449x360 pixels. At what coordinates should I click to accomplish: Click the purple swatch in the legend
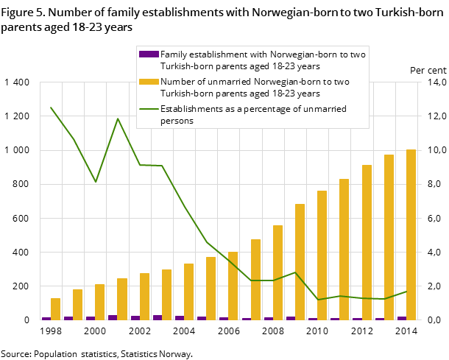tap(149, 54)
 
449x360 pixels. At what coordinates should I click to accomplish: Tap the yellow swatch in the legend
tap(149, 81)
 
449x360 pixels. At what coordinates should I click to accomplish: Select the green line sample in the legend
tap(149, 108)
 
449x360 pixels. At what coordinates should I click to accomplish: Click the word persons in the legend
tap(177, 121)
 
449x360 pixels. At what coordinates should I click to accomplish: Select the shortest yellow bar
tap(55, 309)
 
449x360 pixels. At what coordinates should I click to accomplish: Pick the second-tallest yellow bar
tap(389, 237)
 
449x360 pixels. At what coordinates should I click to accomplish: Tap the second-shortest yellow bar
tap(77, 305)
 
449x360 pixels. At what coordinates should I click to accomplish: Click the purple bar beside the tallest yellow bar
tap(401, 318)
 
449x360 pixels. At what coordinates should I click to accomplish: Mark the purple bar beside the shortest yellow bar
tap(46, 318)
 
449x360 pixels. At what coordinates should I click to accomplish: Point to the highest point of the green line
tap(51, 107)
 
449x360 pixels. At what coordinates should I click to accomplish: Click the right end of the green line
tap(406, 292)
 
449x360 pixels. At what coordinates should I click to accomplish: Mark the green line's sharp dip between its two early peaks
tap(96, 182)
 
